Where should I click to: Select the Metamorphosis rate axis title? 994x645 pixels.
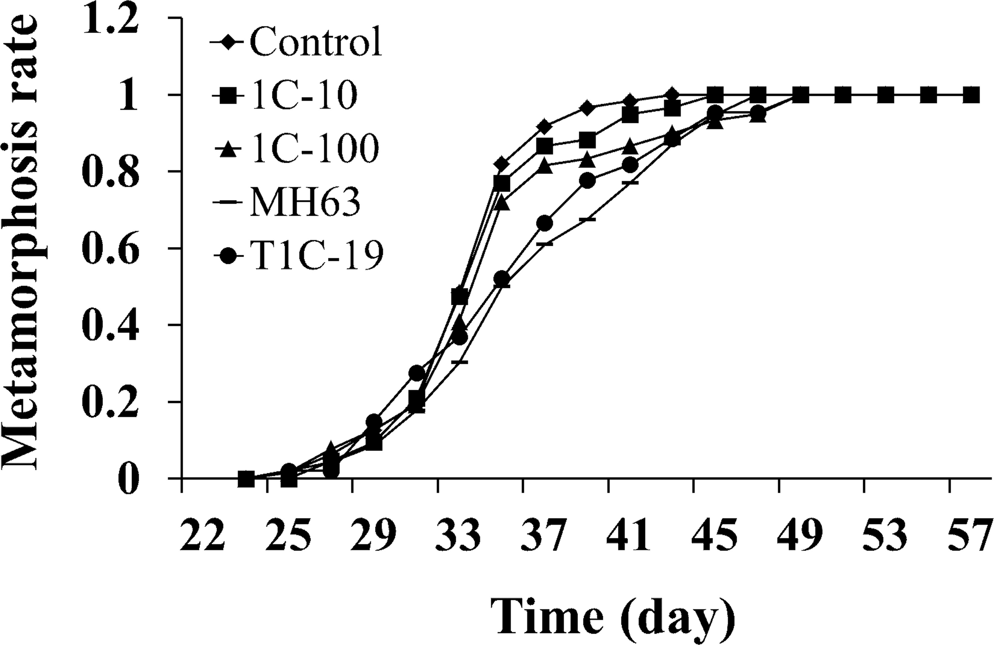tap(26, 246)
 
